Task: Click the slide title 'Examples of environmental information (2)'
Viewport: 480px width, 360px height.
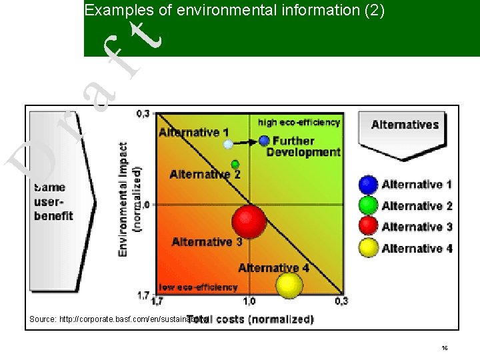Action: pos(235,11)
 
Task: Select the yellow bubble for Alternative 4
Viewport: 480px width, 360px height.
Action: pos(289,285)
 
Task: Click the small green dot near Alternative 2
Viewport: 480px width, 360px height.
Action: pos(235,164)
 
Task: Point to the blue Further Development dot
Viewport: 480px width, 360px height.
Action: pos(264,141)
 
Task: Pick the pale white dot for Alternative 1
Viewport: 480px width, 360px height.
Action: pos(228,144)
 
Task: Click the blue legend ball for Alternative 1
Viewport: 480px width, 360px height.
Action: pos(369,185)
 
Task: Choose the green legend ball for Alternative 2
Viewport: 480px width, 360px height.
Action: pos(369,206)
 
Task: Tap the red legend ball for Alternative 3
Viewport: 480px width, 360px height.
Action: pos(369,227)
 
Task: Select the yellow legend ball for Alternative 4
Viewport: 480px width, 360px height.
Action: pos(369,248)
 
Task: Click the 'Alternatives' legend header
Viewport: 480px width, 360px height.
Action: pos(405,125)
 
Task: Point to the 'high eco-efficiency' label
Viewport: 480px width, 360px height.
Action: pos(299,122)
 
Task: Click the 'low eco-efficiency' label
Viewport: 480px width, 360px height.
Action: pos(198,287)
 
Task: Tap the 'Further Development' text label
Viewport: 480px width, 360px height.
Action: pos(303,147)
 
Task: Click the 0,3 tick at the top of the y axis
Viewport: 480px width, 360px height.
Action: pos(143,114)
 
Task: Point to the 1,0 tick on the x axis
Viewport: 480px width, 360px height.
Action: pos(249,301)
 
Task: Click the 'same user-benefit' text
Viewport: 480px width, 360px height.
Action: pos(54,201)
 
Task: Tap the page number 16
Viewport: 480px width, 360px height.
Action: pos(444,349)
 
